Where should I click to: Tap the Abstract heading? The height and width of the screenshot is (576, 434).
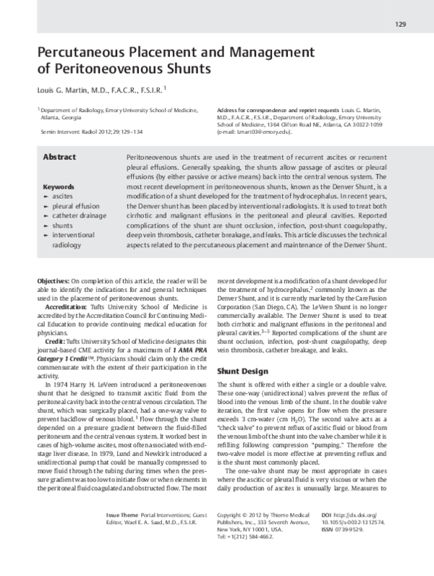pyautogui.click(x=60, y=157)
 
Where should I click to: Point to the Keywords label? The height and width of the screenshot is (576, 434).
pyautogui.click(x=59, y=186)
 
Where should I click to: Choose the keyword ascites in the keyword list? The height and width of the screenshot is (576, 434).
pyautogui.click(x=63, y=196)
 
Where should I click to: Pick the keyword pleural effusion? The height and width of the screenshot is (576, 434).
pyautogui.click(x=77, y=206)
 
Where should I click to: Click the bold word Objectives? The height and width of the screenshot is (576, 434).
pyautogui.click(x=53, y=280)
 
